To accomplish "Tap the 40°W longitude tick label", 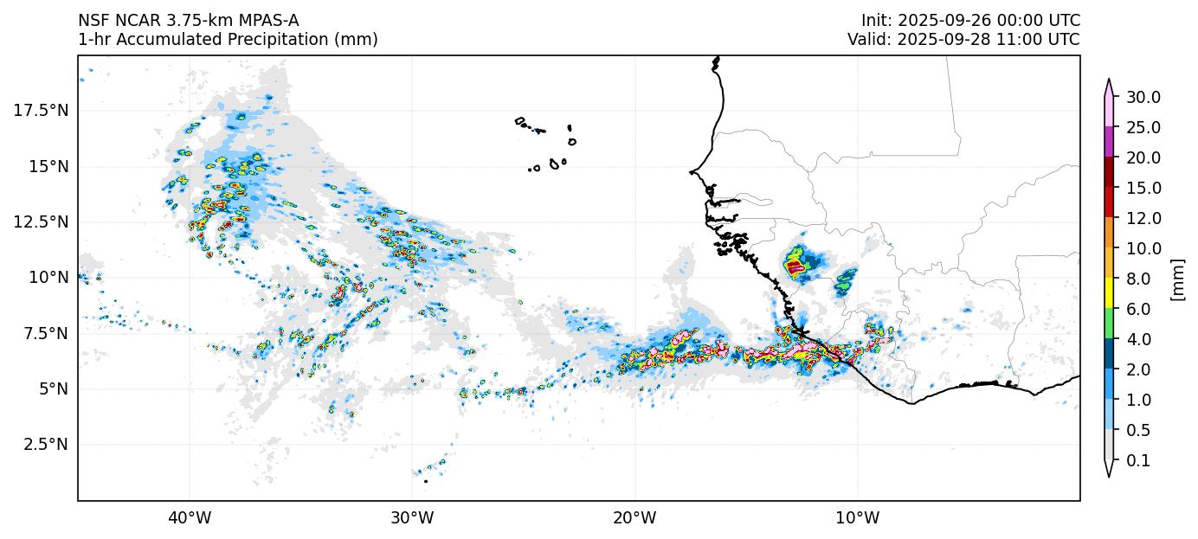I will (190, 518).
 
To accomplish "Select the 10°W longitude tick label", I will (858, 518).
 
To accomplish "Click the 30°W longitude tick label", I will (412, 518).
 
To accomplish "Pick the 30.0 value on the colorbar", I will (1143, 97).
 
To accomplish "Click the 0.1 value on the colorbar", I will (1138, 461).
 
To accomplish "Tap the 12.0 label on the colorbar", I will (1143, 218).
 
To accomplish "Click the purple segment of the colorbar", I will (1108, 142).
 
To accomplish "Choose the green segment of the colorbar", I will (1108, 324).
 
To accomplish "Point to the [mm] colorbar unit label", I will (1176, 279).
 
